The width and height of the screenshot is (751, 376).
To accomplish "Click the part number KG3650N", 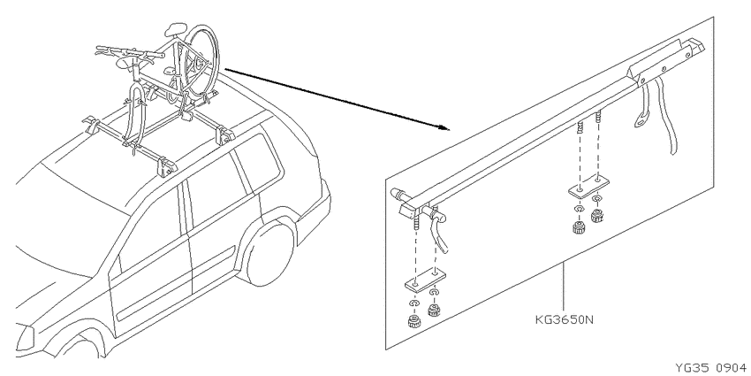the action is (x=564, y=319).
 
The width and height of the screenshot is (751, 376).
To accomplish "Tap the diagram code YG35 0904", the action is (x=710, y=368).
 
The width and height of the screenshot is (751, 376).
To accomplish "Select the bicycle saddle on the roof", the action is (x=175, y=29).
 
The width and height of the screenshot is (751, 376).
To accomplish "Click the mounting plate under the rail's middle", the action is (x=588, y=185).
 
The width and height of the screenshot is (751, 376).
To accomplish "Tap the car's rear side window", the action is (x=260, y=162).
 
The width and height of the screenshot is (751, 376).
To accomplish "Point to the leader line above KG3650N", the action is (x=564, y=287).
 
